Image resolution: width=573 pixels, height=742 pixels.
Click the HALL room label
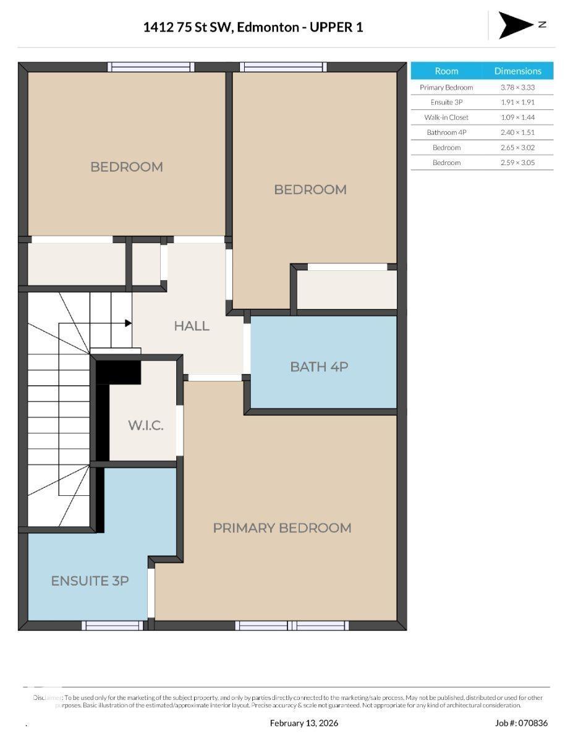point(191,326)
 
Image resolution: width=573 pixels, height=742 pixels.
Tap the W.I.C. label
point(146,425)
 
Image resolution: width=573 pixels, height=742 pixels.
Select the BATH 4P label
point(319,367)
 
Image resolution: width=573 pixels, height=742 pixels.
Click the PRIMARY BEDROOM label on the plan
point(282,527)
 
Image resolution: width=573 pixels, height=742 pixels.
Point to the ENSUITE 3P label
point(90,581)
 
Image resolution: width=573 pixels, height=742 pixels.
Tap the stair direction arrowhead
point(128,323)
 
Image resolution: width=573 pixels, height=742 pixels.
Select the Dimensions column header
point(517,71)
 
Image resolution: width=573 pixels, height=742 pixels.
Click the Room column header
point(446,71)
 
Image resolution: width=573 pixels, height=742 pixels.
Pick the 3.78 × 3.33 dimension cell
point(517,88)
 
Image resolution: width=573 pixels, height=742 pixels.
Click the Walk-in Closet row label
point(446,117)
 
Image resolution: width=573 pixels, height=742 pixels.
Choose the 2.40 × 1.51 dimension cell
point(517,132)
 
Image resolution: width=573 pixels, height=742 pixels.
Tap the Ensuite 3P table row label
point(446,103)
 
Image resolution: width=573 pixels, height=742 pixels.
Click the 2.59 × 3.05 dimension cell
point(517,163)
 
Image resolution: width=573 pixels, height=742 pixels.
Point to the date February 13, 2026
point(304,723)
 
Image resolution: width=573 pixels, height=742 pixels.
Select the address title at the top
point(253,27)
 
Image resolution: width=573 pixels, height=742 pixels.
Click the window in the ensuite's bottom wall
point(113,625)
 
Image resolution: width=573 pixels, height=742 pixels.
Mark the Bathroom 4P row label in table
point(446,132)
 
